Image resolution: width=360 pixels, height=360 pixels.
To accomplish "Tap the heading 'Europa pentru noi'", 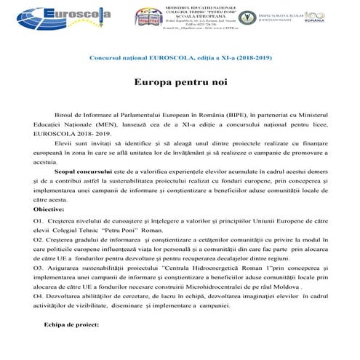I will tap(179, 83).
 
